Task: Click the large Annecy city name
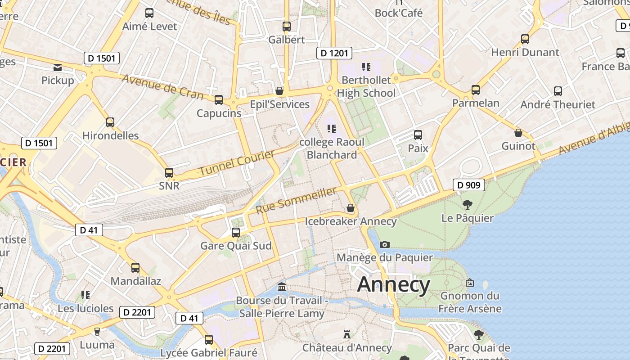pos(394,284)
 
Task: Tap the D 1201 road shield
pos(334,53)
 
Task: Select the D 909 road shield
pos(468,184)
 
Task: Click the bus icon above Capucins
pos(219,100)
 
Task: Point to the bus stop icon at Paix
pos(418,135)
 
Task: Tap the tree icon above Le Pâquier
pos(468,205)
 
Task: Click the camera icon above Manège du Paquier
pos(385,244)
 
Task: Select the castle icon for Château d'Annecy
pos(346,334)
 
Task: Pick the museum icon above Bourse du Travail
pos(282,287)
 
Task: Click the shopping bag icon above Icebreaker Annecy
pos(351,208)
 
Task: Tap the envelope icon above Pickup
pos(58,67)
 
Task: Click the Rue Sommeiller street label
pos(296,201)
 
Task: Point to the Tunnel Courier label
pos(237,163)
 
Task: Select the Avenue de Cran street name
pos(162,87)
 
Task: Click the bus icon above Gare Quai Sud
pos(236,233)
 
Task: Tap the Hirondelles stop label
pos(110,135)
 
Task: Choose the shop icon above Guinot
pos(518,133)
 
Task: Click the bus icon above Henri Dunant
pos(525,39)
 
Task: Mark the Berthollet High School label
pos(366,86)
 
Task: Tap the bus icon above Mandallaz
pos(135,268)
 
